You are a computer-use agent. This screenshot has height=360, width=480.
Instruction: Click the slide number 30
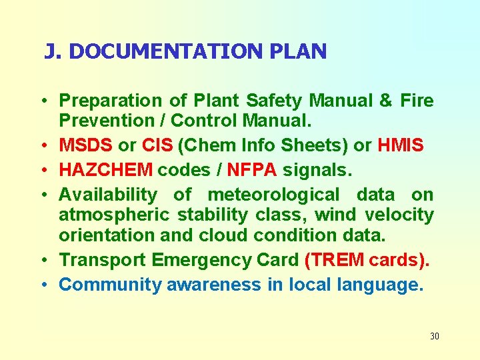435,336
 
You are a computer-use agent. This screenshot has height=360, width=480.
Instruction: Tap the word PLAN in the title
303,51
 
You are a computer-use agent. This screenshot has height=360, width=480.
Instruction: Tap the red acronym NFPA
252,170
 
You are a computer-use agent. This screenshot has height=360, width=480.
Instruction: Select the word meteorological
273,195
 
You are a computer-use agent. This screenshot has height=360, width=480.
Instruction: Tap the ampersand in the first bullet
385,101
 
